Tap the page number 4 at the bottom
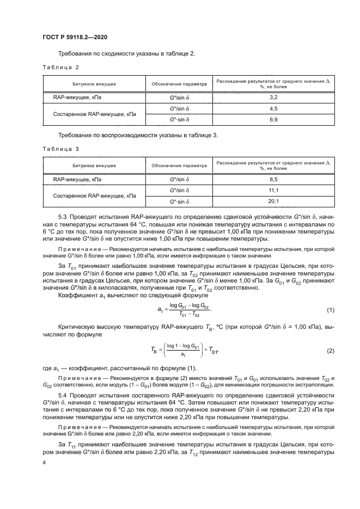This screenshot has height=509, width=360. [44, 462]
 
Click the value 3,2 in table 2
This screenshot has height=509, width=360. [274, 97]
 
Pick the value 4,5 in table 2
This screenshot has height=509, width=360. [274, 108]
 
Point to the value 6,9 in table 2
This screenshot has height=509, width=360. [274, 119]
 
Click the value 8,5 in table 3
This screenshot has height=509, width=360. [274, 179]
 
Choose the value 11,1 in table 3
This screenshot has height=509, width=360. [274, 190]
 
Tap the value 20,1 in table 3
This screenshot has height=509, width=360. [274, 201]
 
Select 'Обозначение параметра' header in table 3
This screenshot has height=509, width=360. [179, 166]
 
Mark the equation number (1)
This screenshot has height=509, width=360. [330, 310]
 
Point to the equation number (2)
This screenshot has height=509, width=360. [330, 351]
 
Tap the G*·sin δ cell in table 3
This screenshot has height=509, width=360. [179, 201]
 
